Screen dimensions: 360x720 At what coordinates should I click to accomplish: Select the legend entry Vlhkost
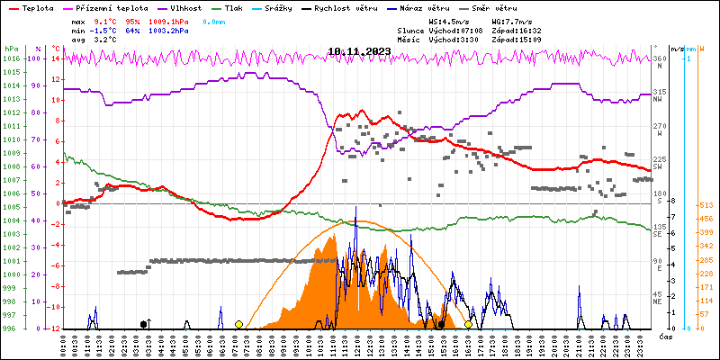coord(200,7)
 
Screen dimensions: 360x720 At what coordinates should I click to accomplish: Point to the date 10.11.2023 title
coord(359,51)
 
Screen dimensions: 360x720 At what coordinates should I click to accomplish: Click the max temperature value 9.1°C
coord(105,20)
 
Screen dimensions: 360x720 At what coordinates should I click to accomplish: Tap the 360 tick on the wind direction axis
coord(658,58)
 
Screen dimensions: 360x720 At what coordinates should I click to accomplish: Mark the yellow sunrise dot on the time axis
coord(238,324)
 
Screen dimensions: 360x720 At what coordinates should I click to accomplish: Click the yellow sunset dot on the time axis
coord(468,324)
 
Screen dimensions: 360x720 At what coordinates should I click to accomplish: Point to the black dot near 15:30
coord(441,324)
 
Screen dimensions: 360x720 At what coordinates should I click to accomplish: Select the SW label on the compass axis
coord(658,166)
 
